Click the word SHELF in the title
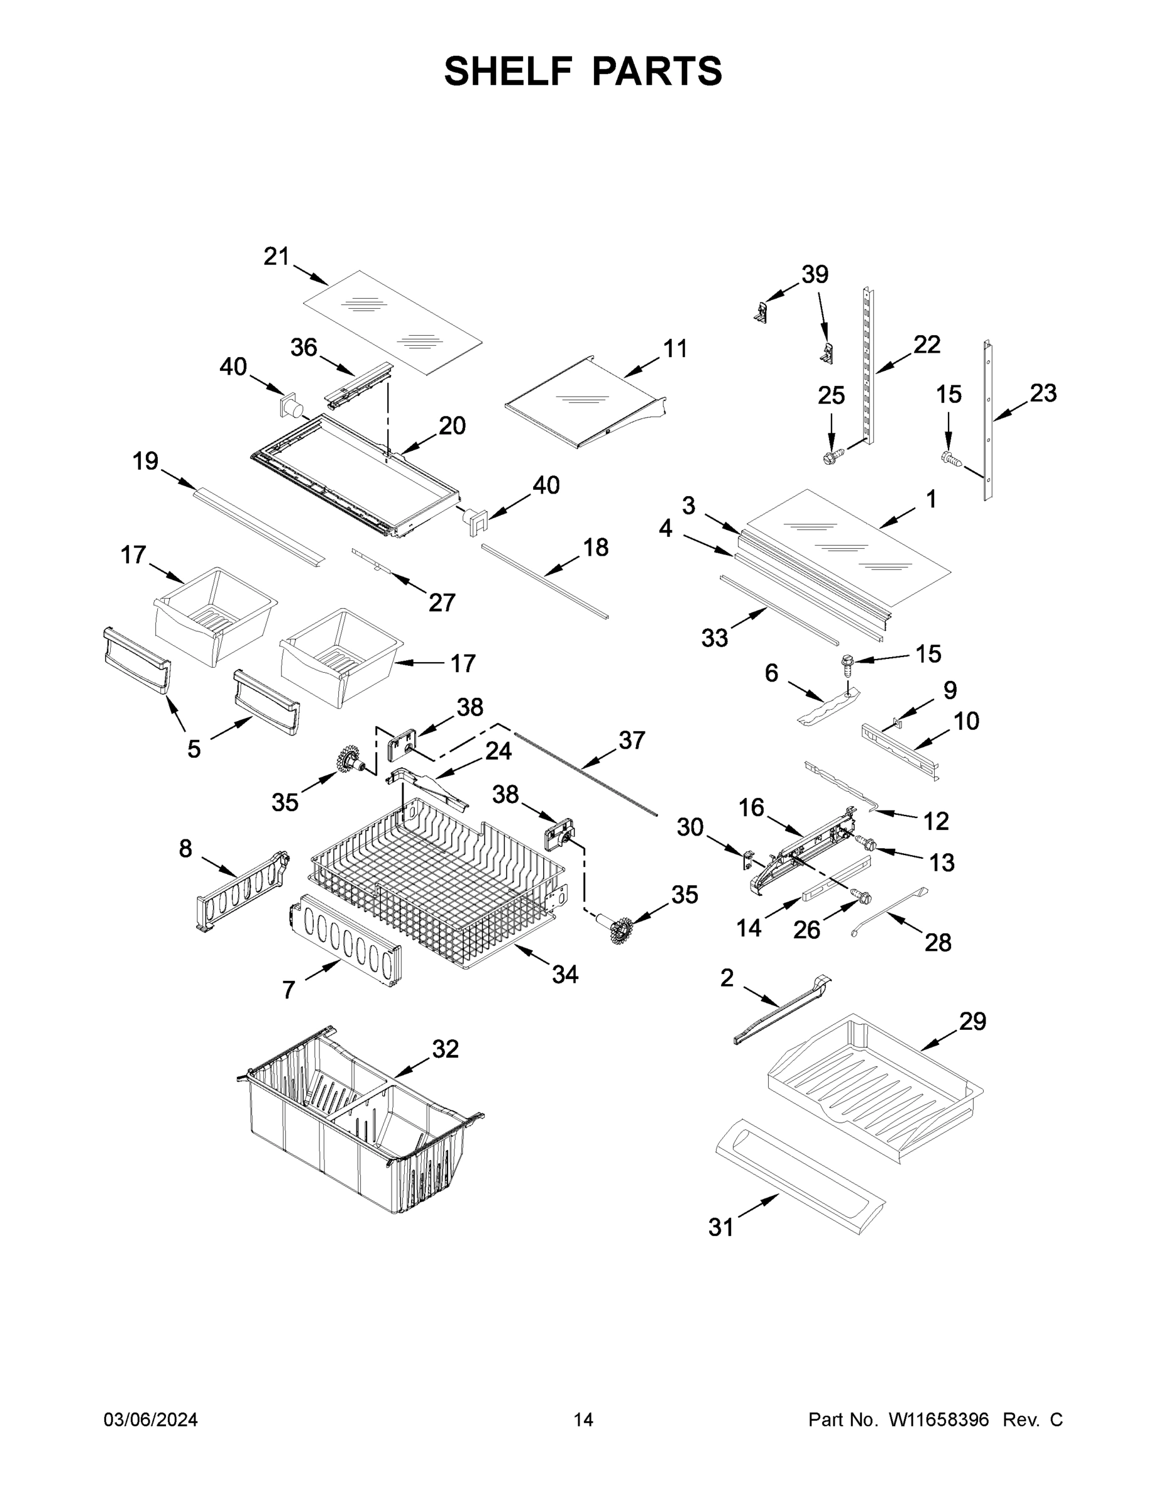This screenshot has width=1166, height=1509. pyautogui.click(x=509, y=71)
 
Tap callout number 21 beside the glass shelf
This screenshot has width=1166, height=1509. pyautogui.click(x=277, y=257)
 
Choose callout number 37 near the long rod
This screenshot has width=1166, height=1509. pyautogui.click(x=631, y=740)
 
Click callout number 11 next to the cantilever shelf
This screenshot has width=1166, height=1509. pyautogui.click(x=675, y=349)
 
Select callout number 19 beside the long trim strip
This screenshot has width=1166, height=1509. pyautogui.click(x=145, y=461)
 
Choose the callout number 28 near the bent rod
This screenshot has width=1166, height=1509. pyautogui.click(x=937, y=942)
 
